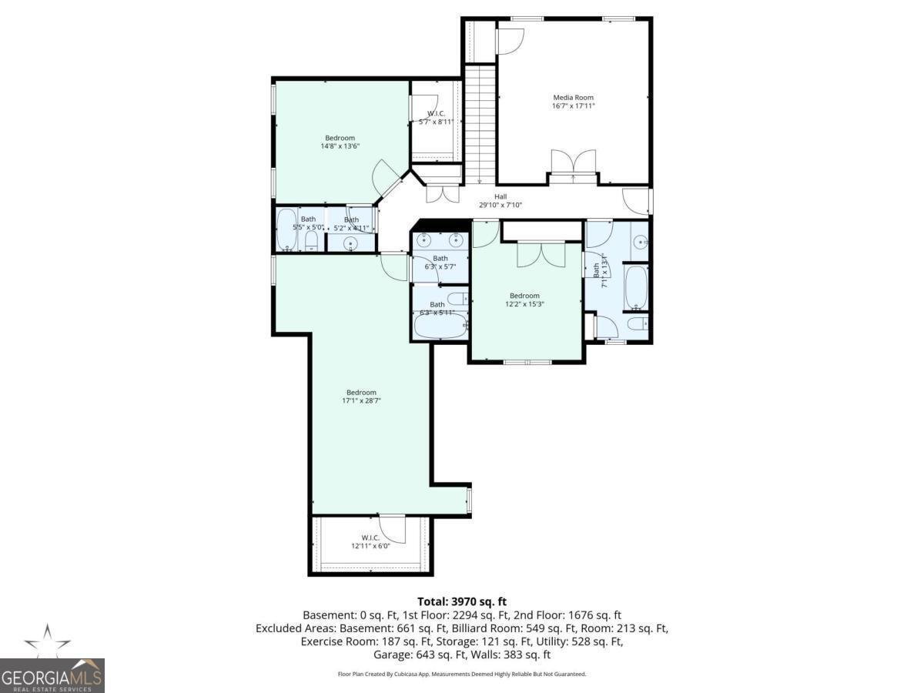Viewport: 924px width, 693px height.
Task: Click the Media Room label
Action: [x=574, y=98]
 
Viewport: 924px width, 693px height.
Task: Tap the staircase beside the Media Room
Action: [x=480, y=123]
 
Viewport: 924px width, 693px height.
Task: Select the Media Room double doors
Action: [x=573, y=163]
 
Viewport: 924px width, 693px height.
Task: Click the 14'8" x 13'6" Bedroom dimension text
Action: [x=340, y=146]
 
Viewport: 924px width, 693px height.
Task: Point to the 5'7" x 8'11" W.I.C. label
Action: [x=437, y=122]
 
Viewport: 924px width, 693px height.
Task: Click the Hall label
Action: [x=500, y=196]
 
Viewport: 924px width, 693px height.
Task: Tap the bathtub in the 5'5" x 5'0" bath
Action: [x=286, y=229]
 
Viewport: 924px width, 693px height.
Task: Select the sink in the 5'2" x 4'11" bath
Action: [x=351, y=244]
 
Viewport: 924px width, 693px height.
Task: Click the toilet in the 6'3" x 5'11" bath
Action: [x=457, y=298]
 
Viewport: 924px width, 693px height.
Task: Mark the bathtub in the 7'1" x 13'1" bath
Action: [x=636, y=287]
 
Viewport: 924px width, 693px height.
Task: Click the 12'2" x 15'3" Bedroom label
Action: [x=524, y=296]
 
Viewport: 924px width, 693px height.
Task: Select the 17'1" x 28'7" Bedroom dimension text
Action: [x=362, y=400]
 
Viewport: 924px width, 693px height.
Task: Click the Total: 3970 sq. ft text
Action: [x=461, y=601]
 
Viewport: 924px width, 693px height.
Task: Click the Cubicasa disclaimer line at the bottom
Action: [x=462, y=674]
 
